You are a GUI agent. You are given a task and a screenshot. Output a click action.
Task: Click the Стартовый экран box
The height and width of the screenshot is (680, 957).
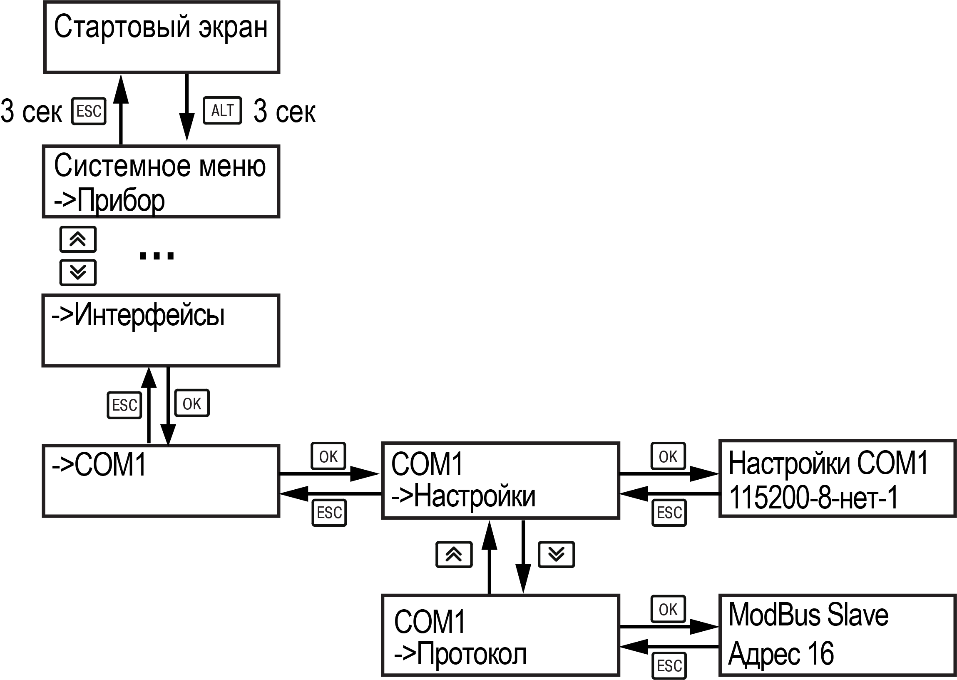click(162, 37)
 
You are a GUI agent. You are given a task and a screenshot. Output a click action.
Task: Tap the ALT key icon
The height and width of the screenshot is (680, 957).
click(222, 111)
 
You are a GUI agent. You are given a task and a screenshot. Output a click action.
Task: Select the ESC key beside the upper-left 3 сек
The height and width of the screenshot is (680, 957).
click(89, 111)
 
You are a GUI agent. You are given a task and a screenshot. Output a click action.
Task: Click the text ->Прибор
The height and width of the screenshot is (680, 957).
click(109, 201)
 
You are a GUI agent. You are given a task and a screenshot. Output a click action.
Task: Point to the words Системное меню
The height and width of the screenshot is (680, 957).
click(160, 166)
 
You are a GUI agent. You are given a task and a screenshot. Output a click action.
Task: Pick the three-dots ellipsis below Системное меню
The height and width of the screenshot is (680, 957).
click(156, 255)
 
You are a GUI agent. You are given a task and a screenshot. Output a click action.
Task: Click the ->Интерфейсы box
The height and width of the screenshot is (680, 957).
click(161, 330)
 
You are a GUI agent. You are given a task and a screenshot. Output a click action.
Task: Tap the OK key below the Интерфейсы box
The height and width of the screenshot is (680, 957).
click(191, 404)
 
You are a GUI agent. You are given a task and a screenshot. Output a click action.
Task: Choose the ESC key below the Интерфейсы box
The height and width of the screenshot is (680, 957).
click(124, 405)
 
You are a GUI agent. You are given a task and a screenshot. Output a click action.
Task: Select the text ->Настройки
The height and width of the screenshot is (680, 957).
click(463, 497)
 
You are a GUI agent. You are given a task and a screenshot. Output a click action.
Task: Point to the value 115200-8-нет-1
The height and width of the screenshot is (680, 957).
click(813, 498)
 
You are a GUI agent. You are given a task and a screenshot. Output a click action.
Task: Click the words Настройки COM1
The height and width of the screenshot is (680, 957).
click(828, 463)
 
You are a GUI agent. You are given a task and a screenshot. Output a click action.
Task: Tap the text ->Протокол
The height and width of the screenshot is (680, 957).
click(460, 654)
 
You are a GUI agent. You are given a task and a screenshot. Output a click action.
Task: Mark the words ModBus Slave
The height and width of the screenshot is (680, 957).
click(808, 615)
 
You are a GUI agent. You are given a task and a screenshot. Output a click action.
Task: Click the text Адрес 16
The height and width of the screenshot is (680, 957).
click(781, 654)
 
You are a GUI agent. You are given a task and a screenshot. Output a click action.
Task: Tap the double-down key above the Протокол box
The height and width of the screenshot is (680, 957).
click(556, 555)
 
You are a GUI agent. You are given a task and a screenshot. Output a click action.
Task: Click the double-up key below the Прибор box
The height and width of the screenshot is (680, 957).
click(78, 239)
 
